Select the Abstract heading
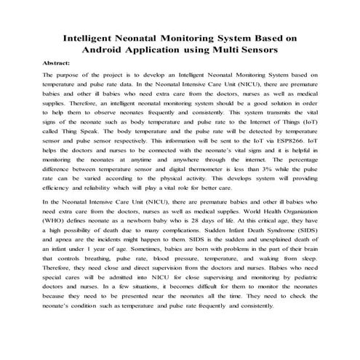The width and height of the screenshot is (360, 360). coord(56,63)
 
